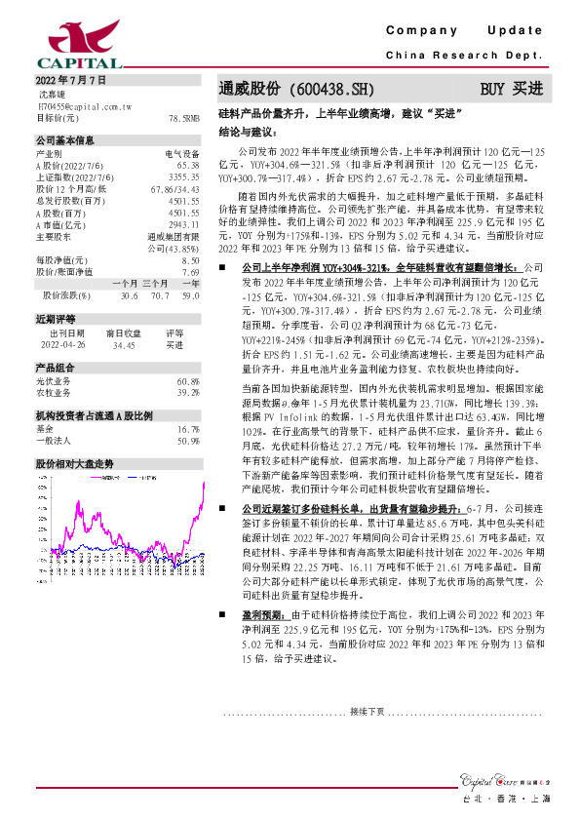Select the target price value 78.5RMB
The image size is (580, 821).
(183, 117)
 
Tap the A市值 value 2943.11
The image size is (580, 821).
(183, 223)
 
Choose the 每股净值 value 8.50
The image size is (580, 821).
(190, 261)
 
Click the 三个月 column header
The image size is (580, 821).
(155, 283)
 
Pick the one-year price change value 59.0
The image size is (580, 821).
(191, 294)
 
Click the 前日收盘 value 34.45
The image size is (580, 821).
(123, 343)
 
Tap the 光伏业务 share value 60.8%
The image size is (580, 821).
(188, 381)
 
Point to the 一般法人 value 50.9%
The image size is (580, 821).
(188, 441)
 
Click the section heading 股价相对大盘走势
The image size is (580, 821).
(75, 464)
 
